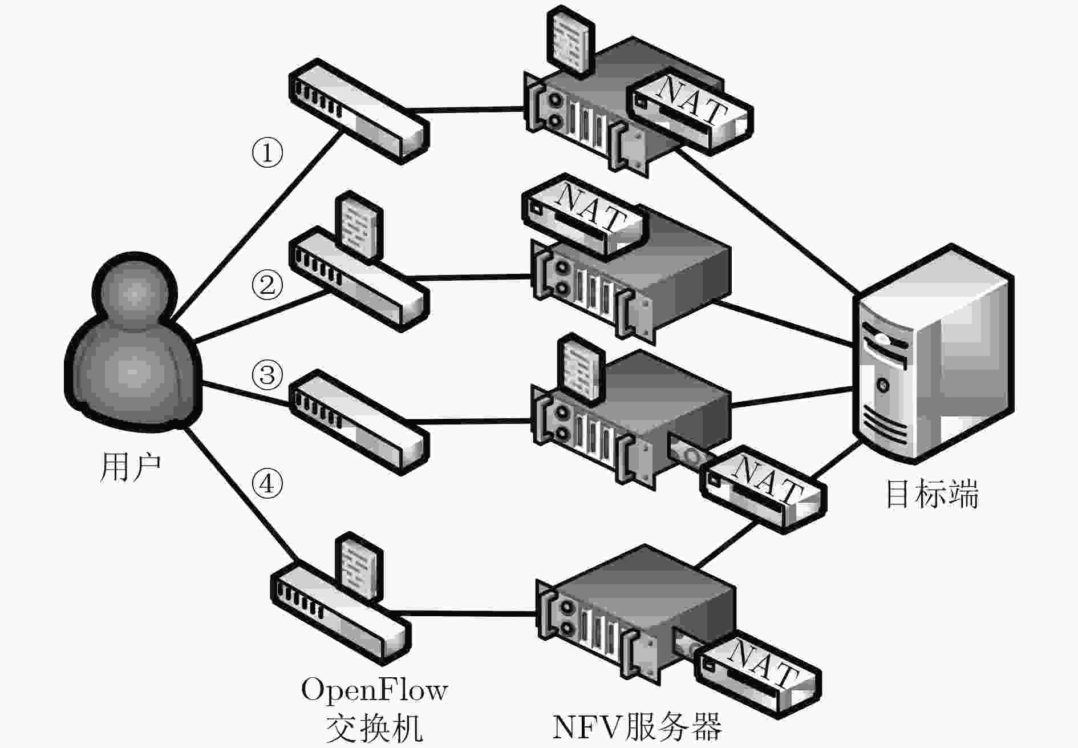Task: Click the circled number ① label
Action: point(267,152)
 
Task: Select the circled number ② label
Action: point(267,284)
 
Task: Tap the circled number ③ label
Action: point(267,375)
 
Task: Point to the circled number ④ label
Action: point(267,484)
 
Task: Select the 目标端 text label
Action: point(931,494)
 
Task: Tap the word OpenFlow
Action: point(374,690)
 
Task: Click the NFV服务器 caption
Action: point(637,726)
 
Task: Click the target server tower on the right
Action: point(933,354)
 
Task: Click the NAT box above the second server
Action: point(585,217)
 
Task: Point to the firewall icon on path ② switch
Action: point(359,228)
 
